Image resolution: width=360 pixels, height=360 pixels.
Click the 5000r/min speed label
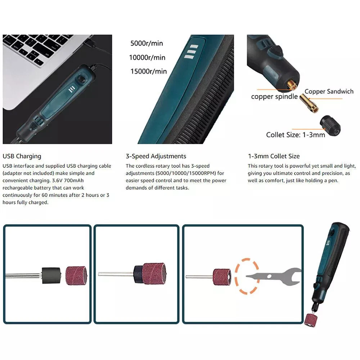pyautogui.click(x=147, y=43)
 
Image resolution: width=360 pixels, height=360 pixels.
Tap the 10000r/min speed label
pyautogui.click(x=147, y=57)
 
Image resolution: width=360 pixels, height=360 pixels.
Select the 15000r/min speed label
pyautogui.click(x=149, y=71)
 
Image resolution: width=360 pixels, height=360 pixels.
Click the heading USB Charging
pyautogui.click(x=22, y=156)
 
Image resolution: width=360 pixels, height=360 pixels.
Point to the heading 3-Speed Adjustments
pyautogui.click(x=156, y=156)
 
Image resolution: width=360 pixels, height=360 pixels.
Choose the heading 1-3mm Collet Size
pyautogui.click(x=274, y=156)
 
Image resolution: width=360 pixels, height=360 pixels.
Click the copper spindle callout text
pyautogui.click(x=274, y=96)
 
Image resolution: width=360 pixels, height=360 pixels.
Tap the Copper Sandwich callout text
pyautogui.click(x=329, y=91)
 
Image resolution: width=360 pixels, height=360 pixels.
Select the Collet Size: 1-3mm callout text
pyautogui.click(x=296, y=135)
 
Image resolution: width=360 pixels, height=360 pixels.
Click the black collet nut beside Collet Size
pyautogui.click(x=330, y=126)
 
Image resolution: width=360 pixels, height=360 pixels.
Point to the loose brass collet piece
pyautogui.click(x=309, y=103)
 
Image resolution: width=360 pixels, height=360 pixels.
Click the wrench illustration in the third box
pyautogui.click(x=274, y=276)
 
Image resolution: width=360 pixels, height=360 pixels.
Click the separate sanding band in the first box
pyautogui.click(x=76, y=275)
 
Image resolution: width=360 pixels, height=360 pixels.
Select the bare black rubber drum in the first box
pyautogui.click(x=51, y=275)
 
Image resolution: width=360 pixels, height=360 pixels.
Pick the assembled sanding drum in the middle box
pyautogui.click(x=150, y=274)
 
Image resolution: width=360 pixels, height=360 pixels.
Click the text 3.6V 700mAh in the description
pyautogui.click(x=68, y=180)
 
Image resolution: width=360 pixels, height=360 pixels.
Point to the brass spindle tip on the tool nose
pyautogui.click(x=292, y=86)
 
